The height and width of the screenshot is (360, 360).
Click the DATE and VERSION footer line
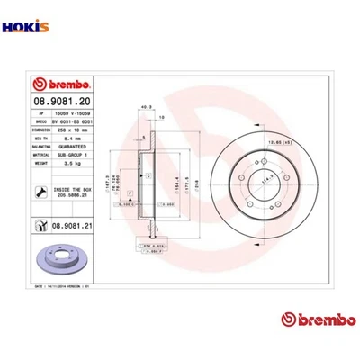[x=62, y=285]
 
